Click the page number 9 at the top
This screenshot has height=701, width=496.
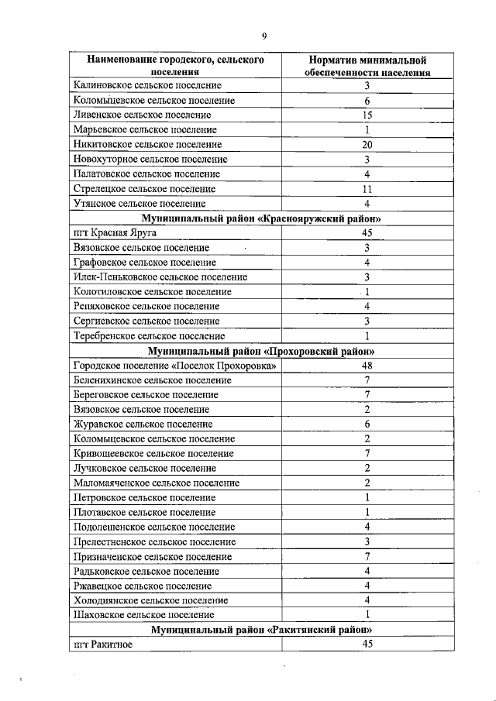pos(264,36)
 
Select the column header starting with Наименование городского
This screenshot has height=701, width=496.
pos(175,66)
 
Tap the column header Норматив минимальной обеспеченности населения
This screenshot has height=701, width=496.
pos(367,66)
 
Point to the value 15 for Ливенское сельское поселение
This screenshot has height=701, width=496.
pos(367,115)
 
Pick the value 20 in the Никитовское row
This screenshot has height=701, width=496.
pos(367,144)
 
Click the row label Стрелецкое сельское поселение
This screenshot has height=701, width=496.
pos(144,189)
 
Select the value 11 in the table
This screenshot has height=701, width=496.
pos(367,189)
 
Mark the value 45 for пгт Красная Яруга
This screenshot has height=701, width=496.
pos(367,233)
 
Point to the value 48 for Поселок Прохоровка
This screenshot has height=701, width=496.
pos(367,366)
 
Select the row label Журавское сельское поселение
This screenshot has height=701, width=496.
pos(143,424)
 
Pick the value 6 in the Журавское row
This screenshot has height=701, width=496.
pos(367,424)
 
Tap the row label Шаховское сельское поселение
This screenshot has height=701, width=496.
pos(143,615)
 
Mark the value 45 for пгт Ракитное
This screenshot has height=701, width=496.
pos(367,644)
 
